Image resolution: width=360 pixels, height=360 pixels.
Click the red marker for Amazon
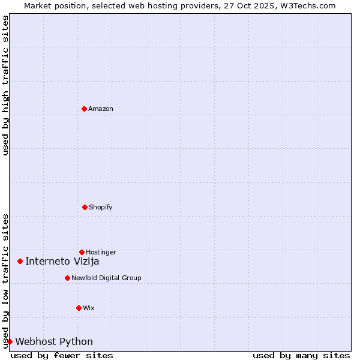[x=84, y=109]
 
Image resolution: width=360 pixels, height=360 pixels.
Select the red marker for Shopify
[x=85, y=207]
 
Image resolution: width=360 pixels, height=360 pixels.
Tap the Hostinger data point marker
[x=82, y=252]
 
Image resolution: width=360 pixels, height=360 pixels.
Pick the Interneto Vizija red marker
[x=20, y=261]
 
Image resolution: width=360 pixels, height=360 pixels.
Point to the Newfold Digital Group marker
[x=67, y=278]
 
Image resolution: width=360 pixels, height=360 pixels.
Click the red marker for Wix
[x=79, y=308]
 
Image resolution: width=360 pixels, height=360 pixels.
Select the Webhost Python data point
[x=10, y=341]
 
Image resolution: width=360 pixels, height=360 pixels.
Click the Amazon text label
[x=101, y=109]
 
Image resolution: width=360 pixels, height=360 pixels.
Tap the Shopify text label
[x=101, y=207]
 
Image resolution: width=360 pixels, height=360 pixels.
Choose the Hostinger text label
[x=101, y=252]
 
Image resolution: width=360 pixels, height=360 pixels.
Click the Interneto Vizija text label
[x=62, y=261]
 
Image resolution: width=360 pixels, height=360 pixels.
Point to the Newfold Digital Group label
[x=106, y=278]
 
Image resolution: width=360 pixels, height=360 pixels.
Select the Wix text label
[x=89, y=308]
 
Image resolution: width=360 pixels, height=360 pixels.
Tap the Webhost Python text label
[x=54, y=341]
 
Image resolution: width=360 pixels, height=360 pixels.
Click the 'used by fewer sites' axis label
[x=62, y=355]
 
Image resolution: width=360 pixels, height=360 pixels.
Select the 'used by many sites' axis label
[x=301, y=355]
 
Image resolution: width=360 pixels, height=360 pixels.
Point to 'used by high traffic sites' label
[x=5, y=85]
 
